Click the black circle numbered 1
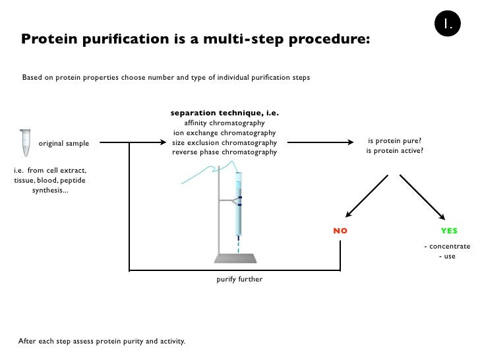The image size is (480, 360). pos(447,23)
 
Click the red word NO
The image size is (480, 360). pos(340,231)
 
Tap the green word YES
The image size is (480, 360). pos(449,231)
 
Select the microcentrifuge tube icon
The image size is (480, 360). pos(26,142)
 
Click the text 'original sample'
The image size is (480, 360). pos(64,143)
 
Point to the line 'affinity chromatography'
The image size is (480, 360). pos(224,123)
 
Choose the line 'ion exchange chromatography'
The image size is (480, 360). pos(224,133)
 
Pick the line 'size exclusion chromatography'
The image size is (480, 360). pos(224,142)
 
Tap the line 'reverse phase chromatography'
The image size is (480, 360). pos(224,152)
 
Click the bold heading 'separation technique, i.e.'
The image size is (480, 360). pos(225,113)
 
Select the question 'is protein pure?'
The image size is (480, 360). pos(394,141)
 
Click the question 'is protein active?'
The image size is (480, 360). pos(394,150)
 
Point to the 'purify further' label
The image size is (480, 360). pos(239,279)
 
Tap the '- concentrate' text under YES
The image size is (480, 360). pos(447,247)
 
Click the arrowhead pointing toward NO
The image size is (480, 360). pos(349,214)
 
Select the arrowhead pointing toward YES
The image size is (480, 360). pos(442,216)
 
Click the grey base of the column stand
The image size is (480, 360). pos(235,258)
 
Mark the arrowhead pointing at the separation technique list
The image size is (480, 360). pos(163,142)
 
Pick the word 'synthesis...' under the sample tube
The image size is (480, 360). pos(50,191)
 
